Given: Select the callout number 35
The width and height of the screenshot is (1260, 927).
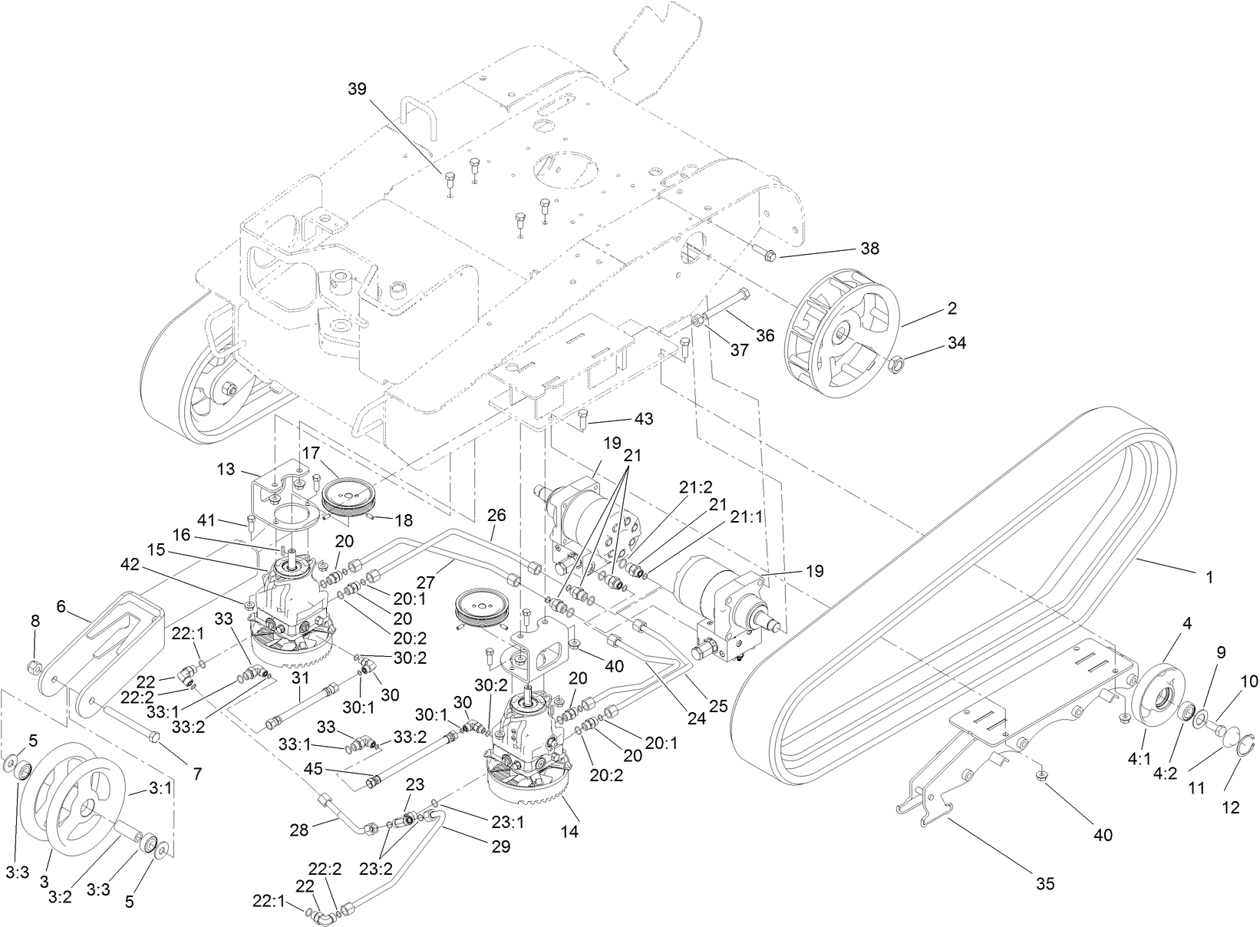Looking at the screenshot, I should (1044, 884).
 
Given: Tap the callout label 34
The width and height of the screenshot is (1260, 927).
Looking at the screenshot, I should (955, 343).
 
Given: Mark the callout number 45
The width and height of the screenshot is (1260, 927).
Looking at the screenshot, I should (334, 767).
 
